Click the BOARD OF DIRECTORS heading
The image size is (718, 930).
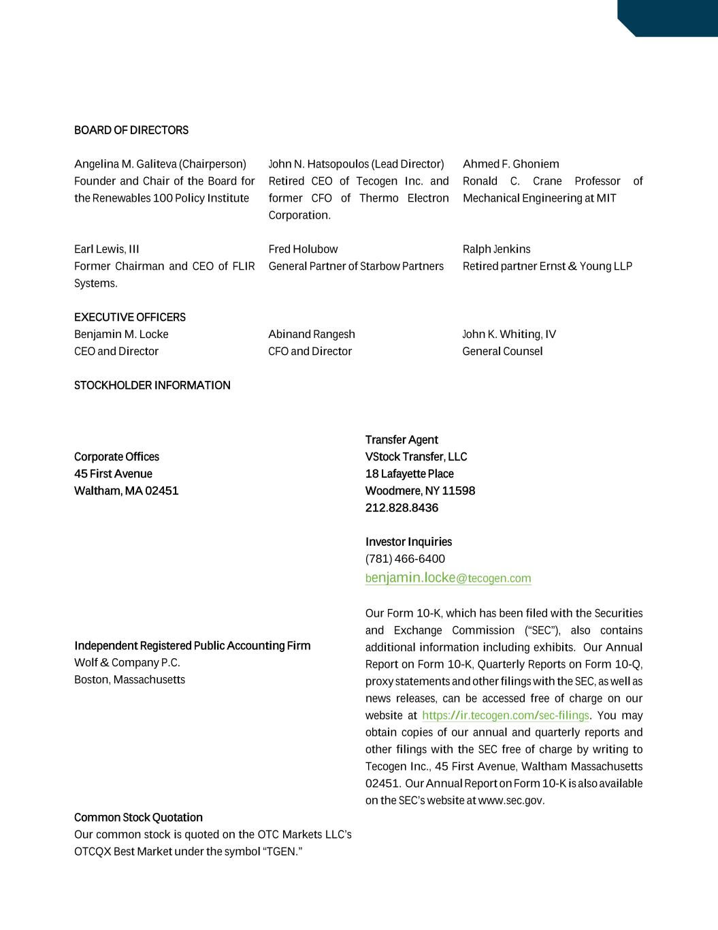[131, 130]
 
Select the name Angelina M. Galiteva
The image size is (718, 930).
[125, 164]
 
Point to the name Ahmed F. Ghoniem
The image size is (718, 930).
[510, 164]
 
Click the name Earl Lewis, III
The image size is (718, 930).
[106, 249]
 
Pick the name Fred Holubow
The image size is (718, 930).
[303, 249]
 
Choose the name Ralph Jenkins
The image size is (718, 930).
[496, 249]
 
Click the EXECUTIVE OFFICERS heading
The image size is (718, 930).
[130, 317]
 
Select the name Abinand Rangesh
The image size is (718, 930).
[312, 335]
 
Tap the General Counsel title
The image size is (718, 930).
[502, 352]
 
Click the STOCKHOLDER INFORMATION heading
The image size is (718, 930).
[152, 386]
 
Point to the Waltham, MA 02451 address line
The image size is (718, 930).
[127, 491]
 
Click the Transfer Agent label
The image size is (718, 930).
[402, 440]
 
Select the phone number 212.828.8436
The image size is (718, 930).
[402, 508]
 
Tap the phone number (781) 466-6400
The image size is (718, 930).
[405, 559]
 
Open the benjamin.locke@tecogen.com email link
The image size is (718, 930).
[448, 578]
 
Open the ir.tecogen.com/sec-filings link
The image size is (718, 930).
[505, 716]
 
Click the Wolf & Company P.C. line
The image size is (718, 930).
[127, 663]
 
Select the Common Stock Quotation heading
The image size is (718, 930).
[138, 818]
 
